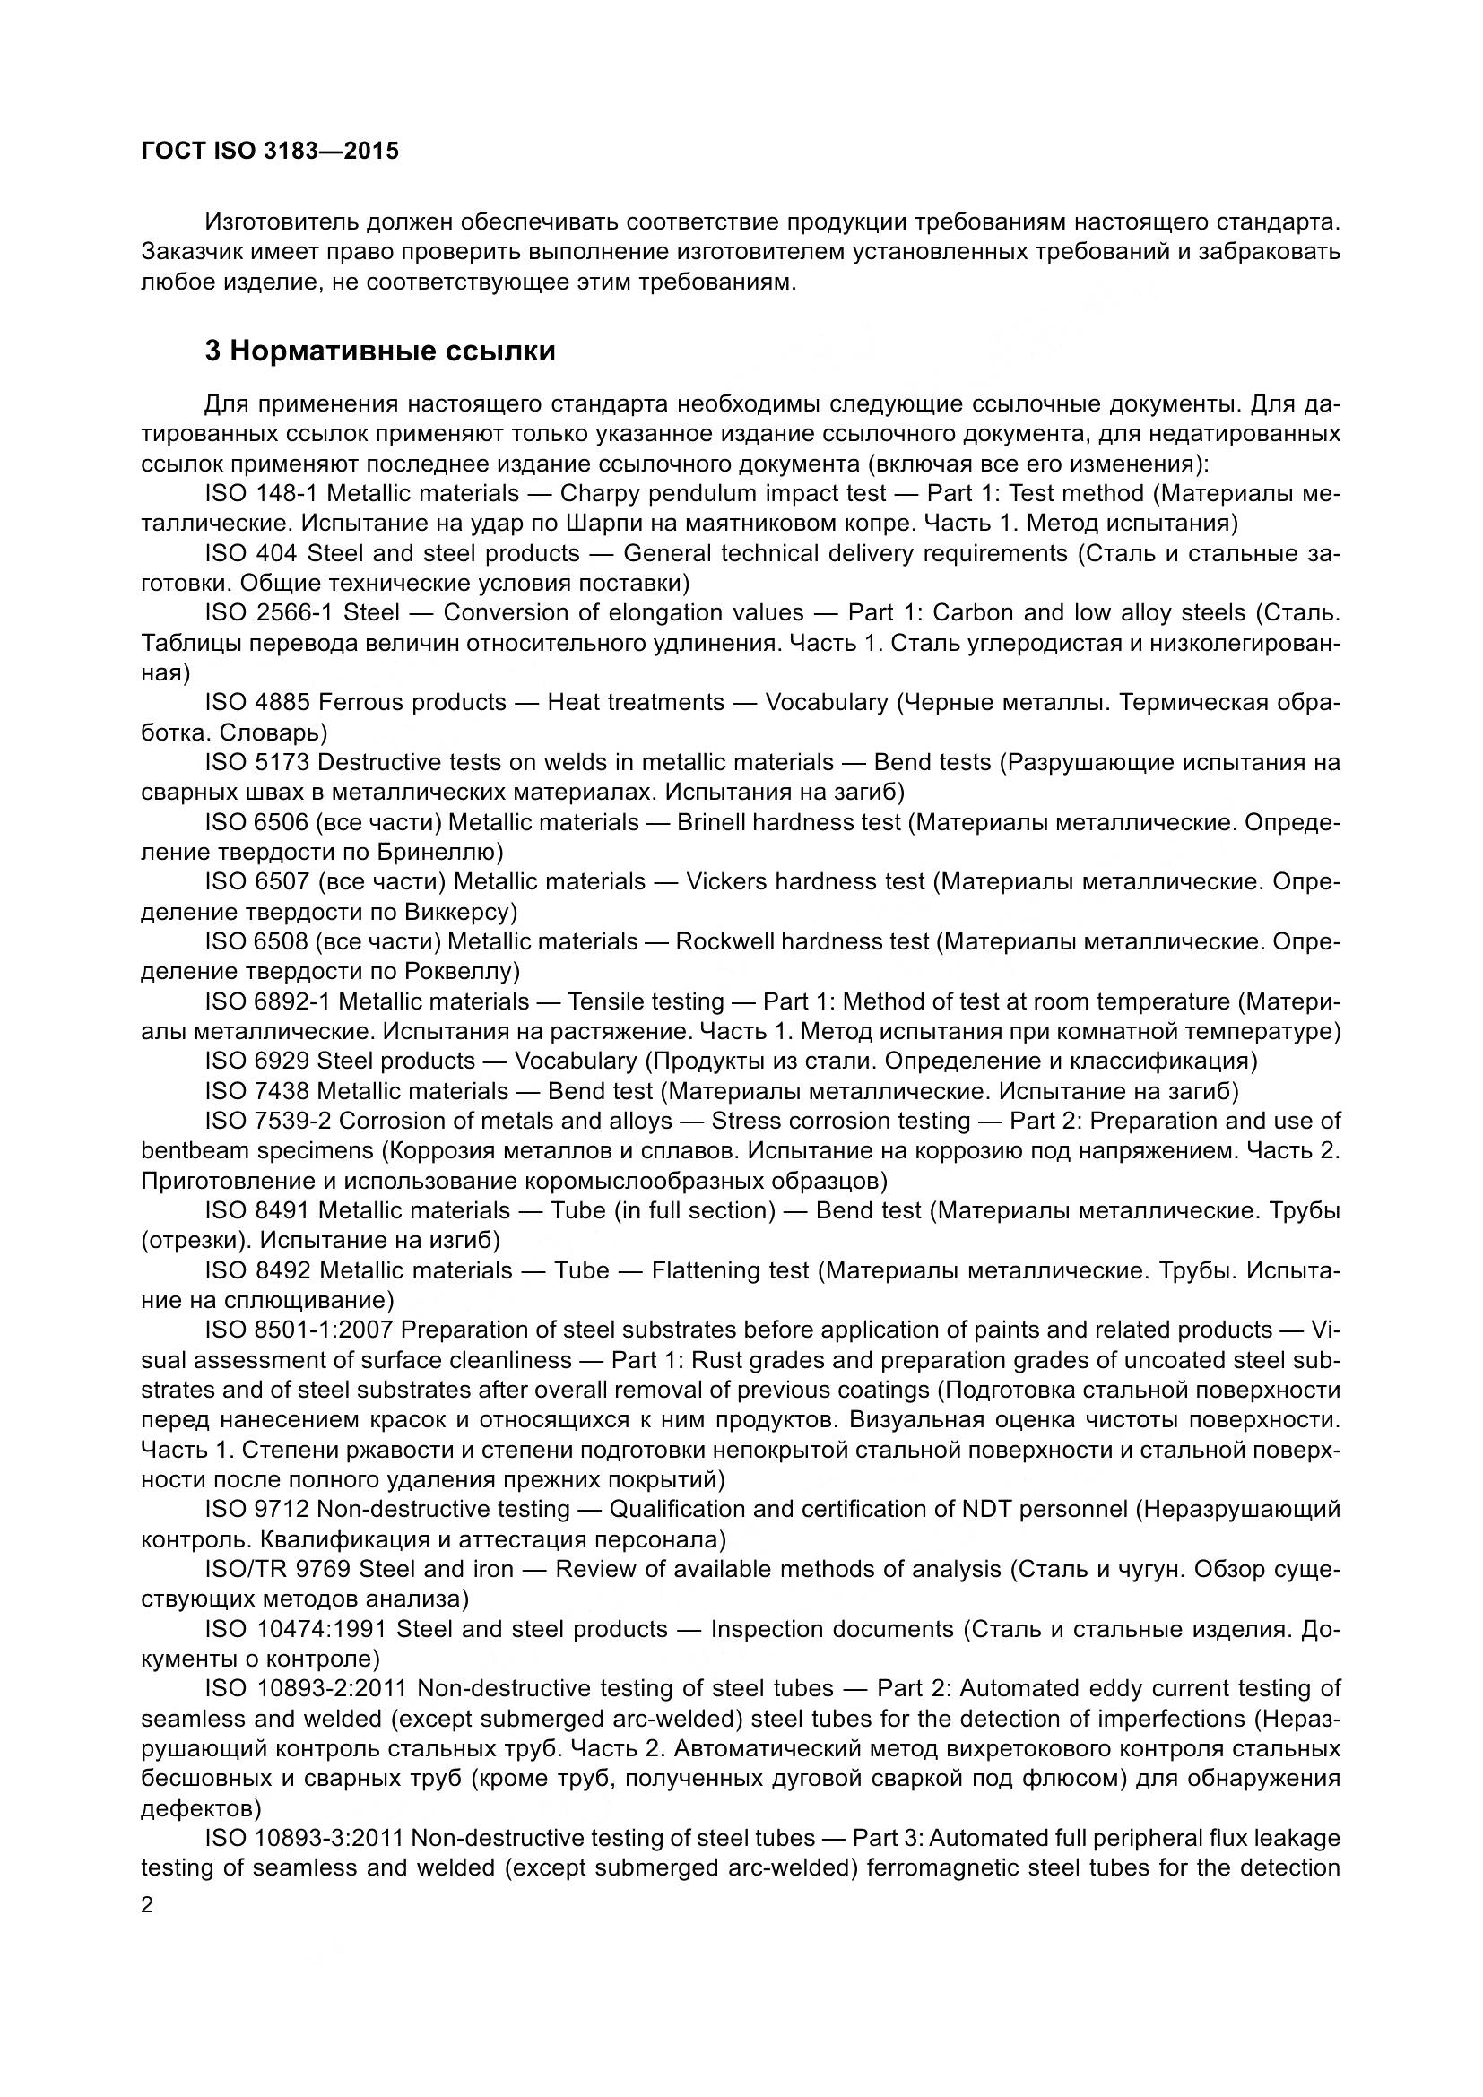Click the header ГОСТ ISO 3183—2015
coord(270,151)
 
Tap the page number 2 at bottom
coord(148,1905)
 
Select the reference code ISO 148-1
coord(261,494)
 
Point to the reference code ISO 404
coord(250,553)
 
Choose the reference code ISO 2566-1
coord(269,613)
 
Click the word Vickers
coord(726,881)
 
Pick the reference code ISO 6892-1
coord(267,1002)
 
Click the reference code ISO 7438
coord(256,1091)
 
